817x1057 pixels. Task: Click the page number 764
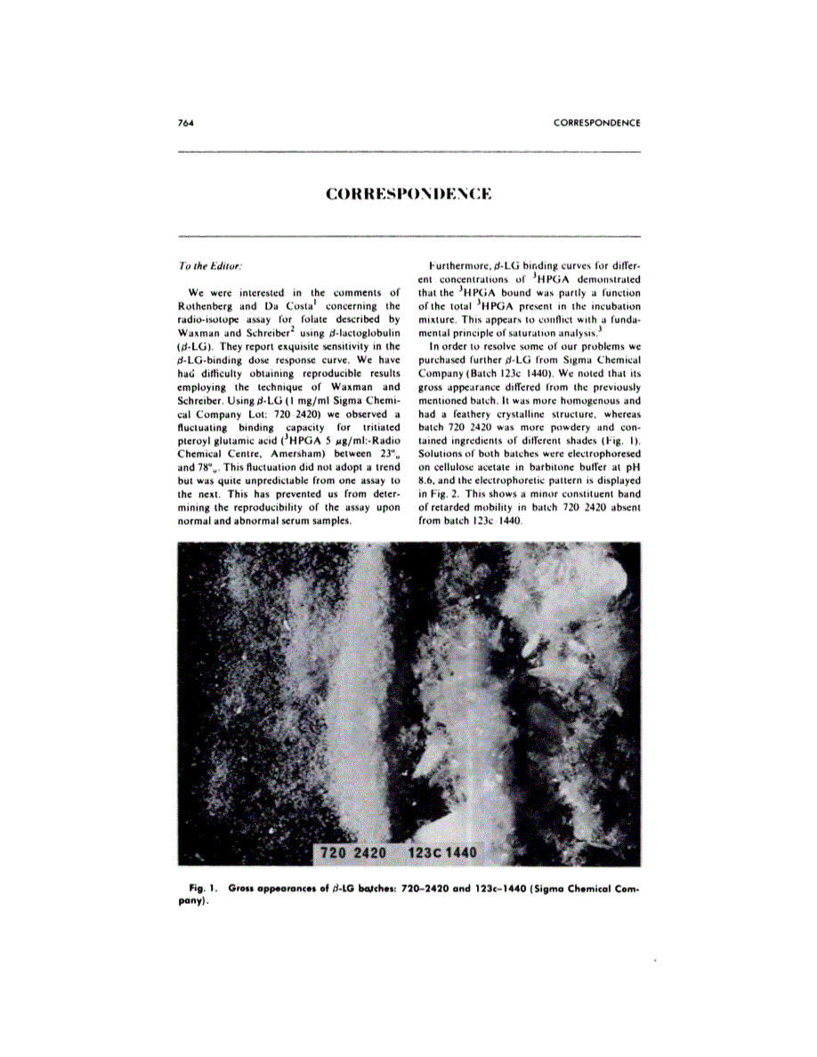click(186, 122)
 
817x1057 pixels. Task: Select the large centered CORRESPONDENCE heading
click(408, 193)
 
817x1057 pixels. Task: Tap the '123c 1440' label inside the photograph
click(441, 853)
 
